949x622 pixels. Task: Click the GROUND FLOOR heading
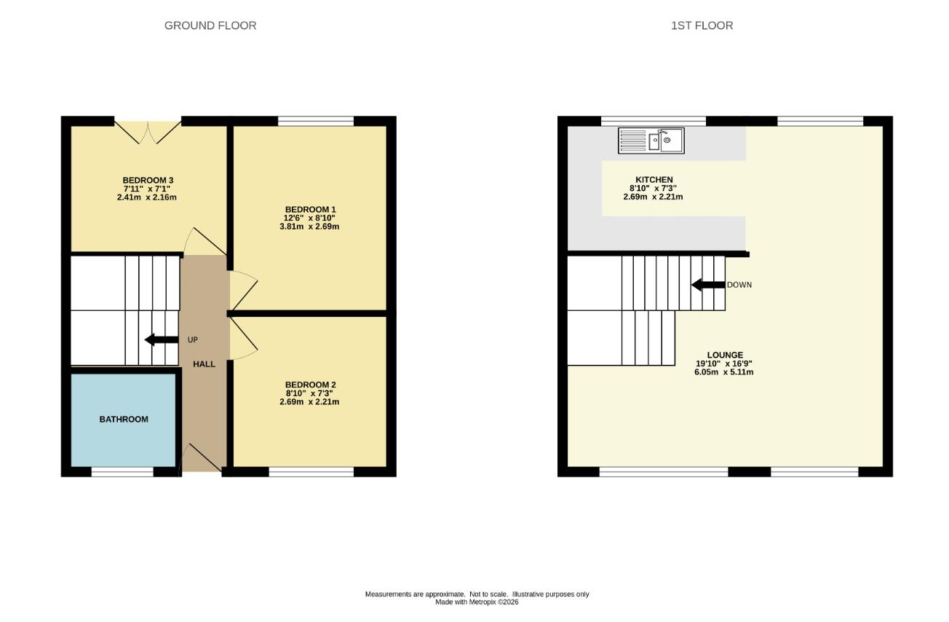pyautogui.click(x=210, y=26)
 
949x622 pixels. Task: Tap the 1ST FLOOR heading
pyautogui.click(x=702, y=26)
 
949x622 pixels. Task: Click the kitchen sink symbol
pyautogui.click(x=651, y=141)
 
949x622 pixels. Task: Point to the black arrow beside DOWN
pyautogui.click(x=708, y=285)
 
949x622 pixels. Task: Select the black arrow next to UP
pyautogui.click(x=162, y=339)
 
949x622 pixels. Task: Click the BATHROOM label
pyautogui.click(x=124, y=420)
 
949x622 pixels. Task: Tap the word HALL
pyautogui.click(x=205, y=364)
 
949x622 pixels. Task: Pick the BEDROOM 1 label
pyautogui.click(x=311, y=210)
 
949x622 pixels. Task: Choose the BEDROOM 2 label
pyautogui.click(x=311, y=385)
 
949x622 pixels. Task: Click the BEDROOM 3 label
pyautogui.click(x=148, y=180)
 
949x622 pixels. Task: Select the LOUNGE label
pyautogui.click(x=725, y=355)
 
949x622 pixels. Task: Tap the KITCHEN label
pyautogui.click(x=654, y=180)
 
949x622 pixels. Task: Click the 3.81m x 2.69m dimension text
pyautogui.click(x=309, y=227)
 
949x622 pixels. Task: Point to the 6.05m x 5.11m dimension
pyautogui.click(x=723, y=372)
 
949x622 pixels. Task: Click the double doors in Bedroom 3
pyautogui.click(x=148, y=132)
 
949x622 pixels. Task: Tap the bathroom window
pyautogui.click(x=122, y=471)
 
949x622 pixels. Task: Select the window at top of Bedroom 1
pyautogui.click(x=316, y=121)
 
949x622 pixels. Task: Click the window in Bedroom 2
pyautogui.click(x=311, y=471)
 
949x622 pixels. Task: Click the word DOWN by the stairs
pyautogui.click(x=739, y=285)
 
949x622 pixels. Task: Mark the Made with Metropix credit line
pyautogui.click(x=477, y=602)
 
